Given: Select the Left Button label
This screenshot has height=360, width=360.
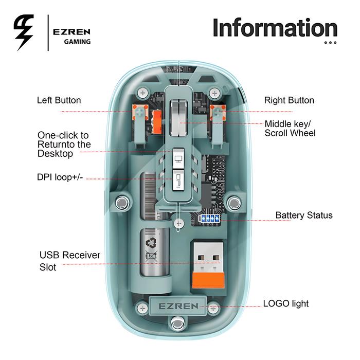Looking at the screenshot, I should (59, 100).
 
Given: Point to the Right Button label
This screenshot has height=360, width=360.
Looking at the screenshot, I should (289, 100).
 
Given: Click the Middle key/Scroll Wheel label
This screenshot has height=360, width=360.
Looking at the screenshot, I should (290, 128).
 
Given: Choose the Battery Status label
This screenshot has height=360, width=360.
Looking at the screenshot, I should (304, 215).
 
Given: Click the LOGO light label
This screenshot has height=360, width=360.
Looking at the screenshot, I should (286, 303).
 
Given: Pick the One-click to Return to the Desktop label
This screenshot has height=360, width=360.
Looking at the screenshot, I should (64, 145).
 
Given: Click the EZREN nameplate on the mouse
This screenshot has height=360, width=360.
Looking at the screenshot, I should (178, 306).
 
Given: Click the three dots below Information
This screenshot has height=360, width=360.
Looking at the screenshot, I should (330, 43).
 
